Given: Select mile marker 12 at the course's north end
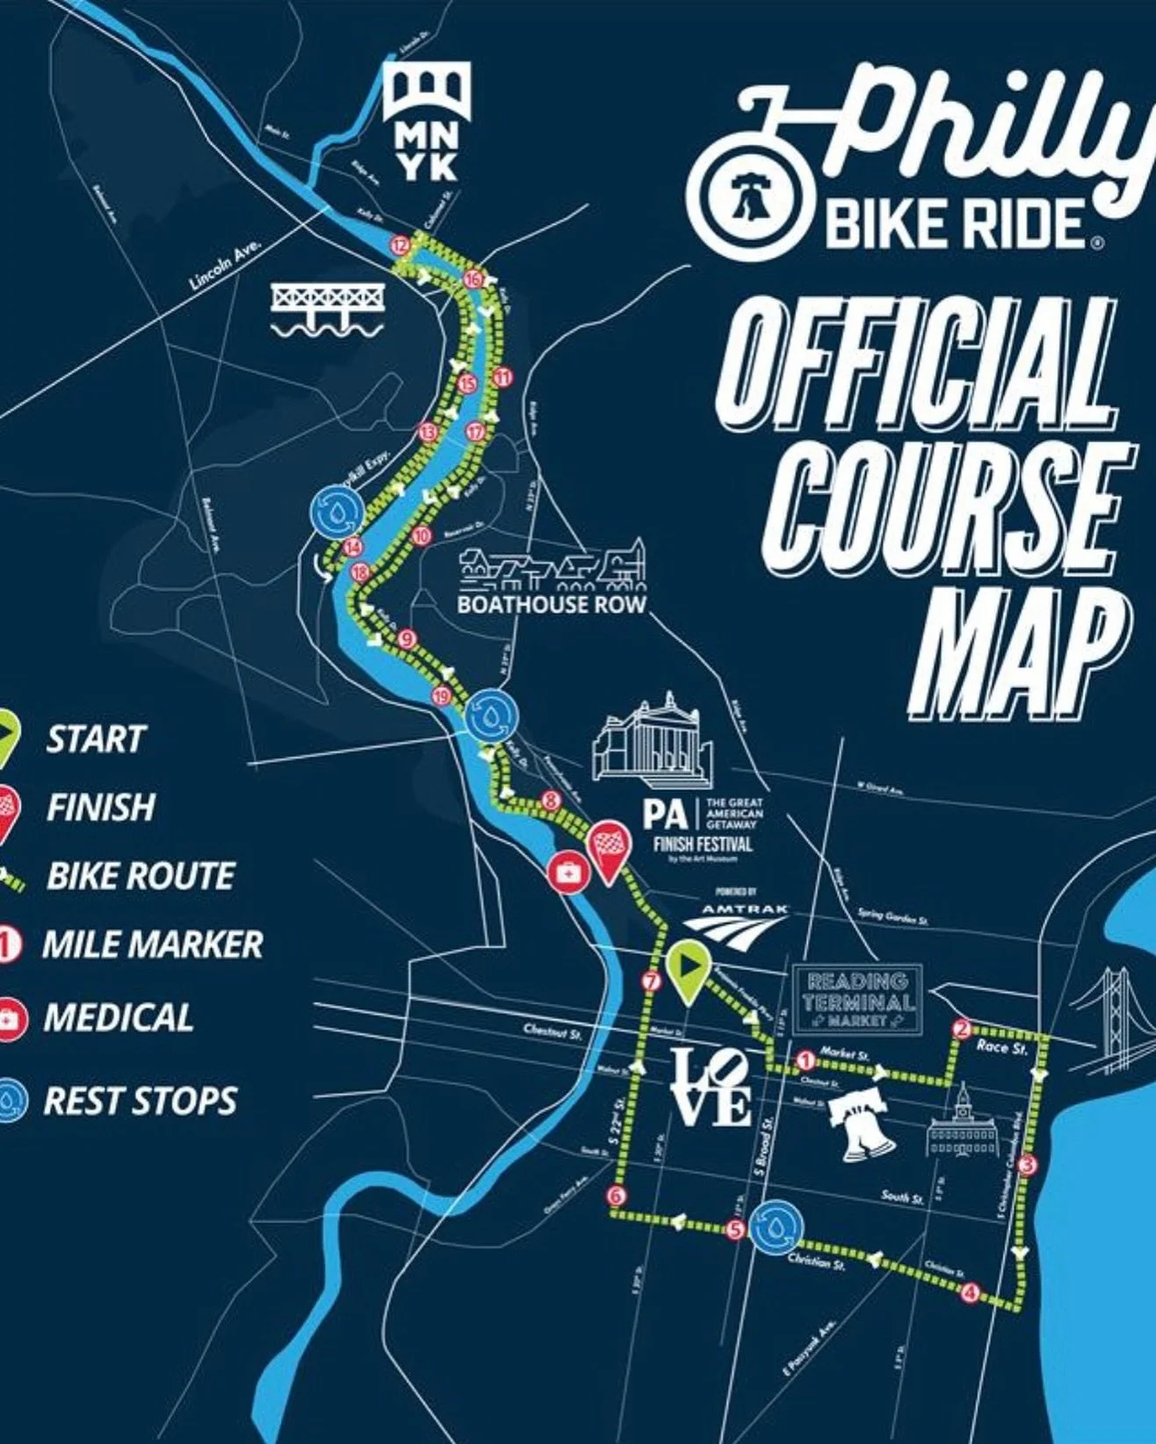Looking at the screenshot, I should (401, 246).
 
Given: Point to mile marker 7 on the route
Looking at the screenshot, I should (651, 982).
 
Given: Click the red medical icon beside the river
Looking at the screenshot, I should (566, 872).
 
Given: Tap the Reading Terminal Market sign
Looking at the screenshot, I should (858, 1000).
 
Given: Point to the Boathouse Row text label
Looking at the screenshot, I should (551, 605).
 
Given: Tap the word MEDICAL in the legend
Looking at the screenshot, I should (118, 1017).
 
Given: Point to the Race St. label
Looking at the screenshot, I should (1001, 1047).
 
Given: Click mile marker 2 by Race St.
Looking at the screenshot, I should (961, 1029).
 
